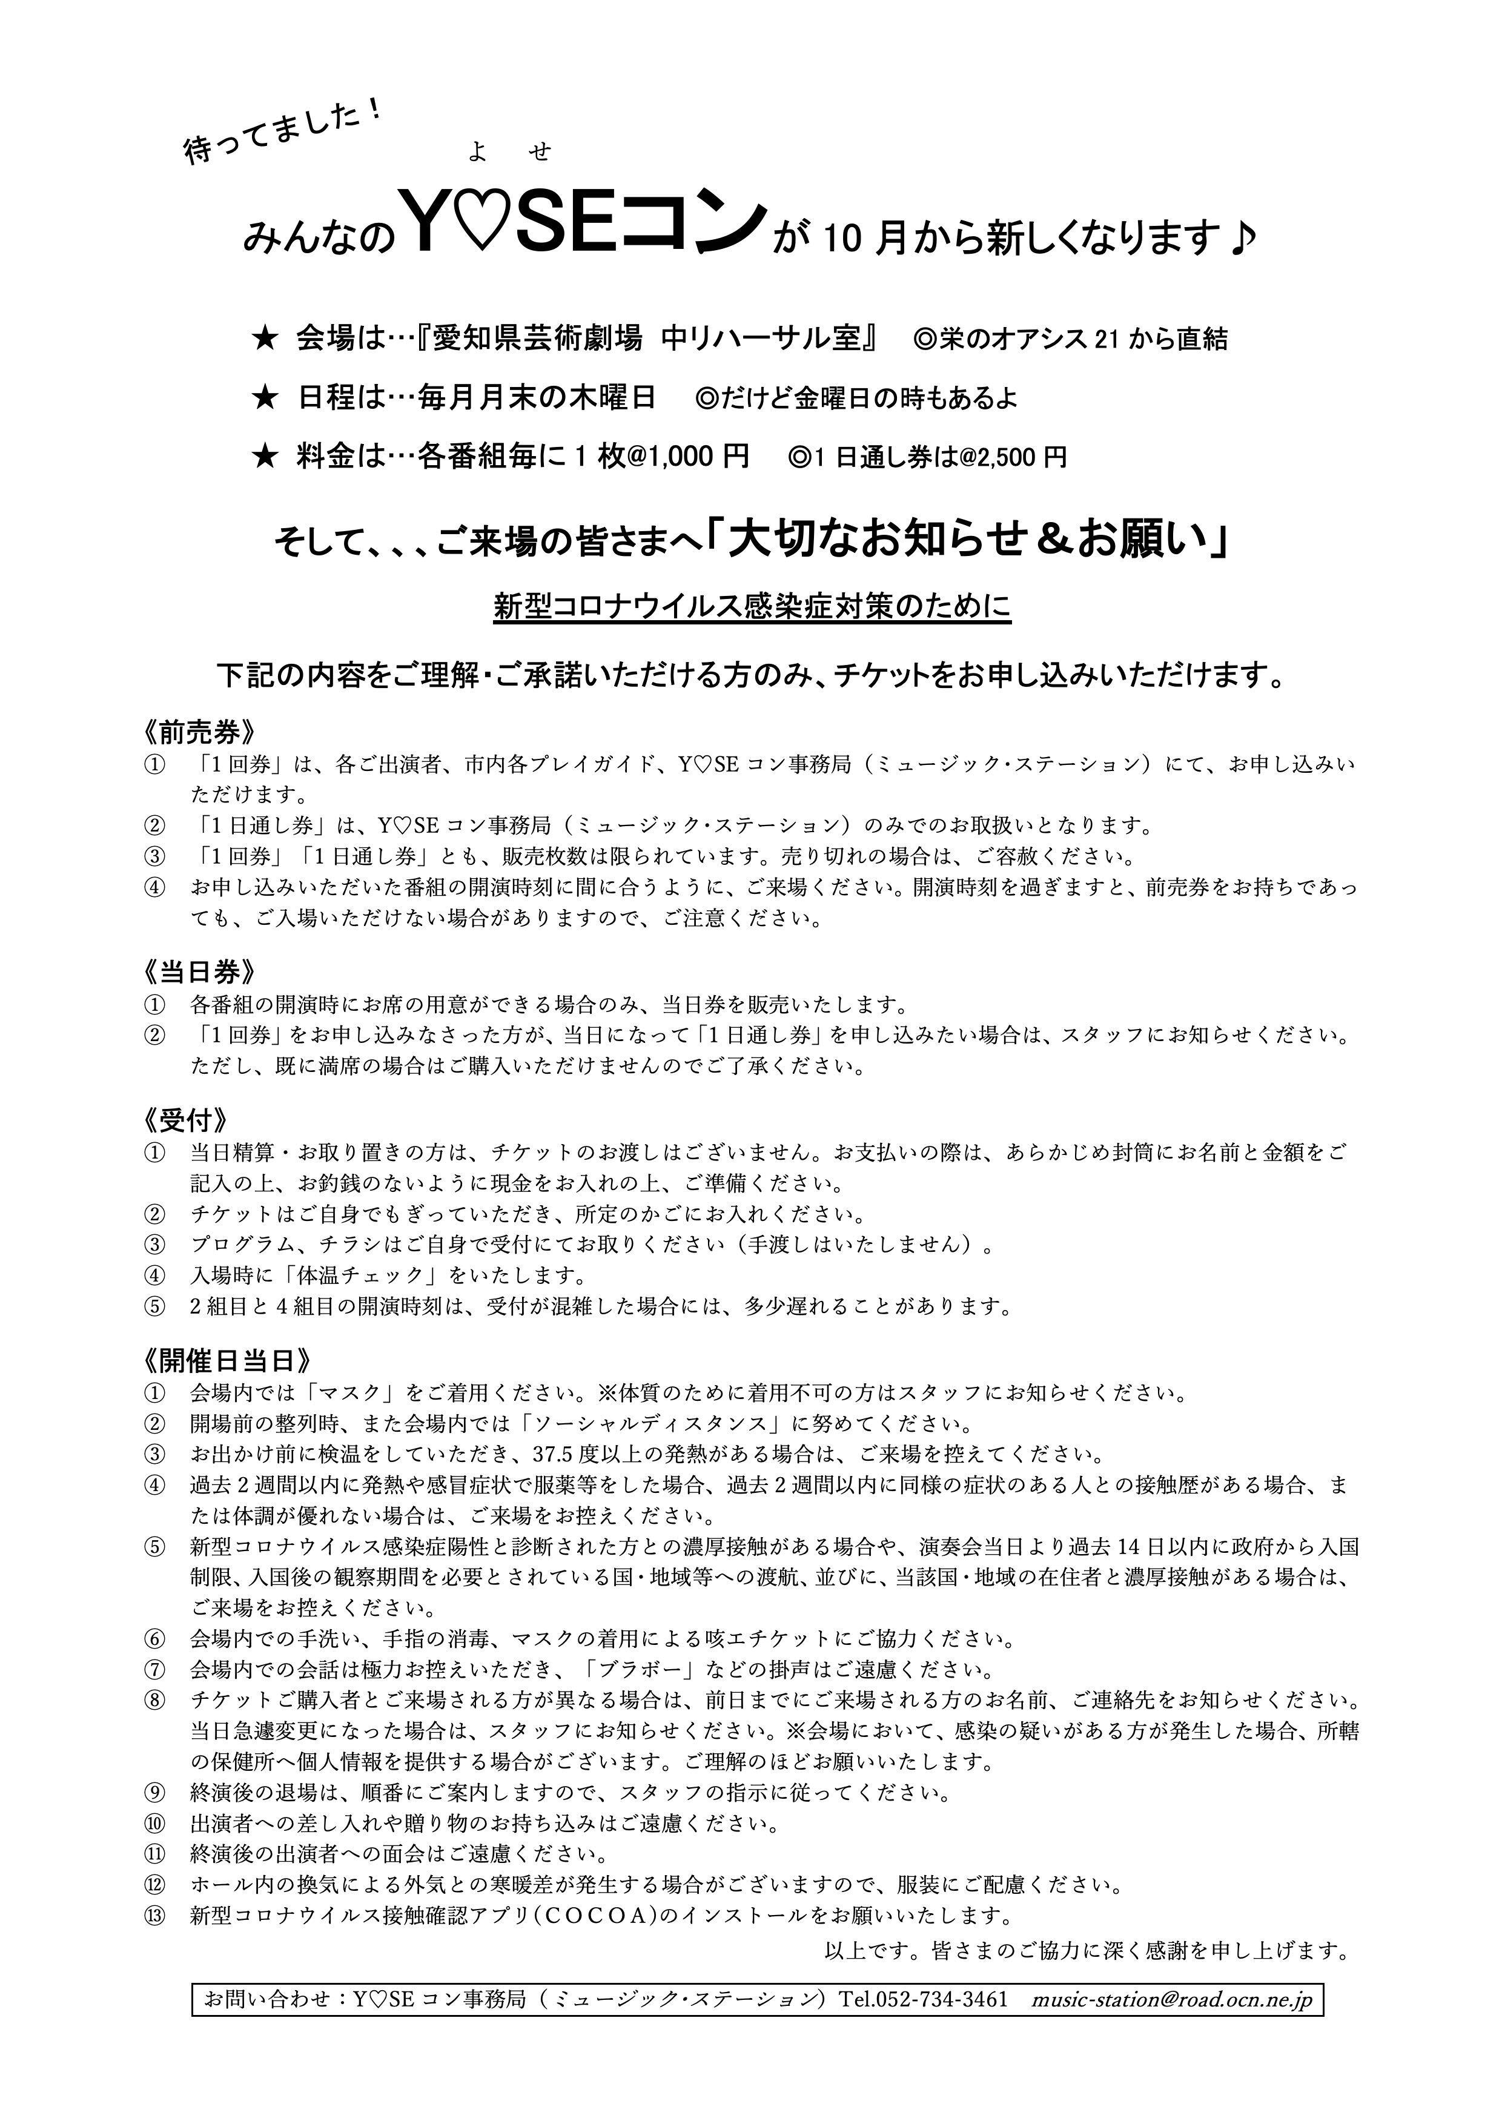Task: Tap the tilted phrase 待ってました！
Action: [282, 130]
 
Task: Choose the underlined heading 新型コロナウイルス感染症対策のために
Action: [752, 607]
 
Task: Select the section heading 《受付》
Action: [185, 1120]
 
